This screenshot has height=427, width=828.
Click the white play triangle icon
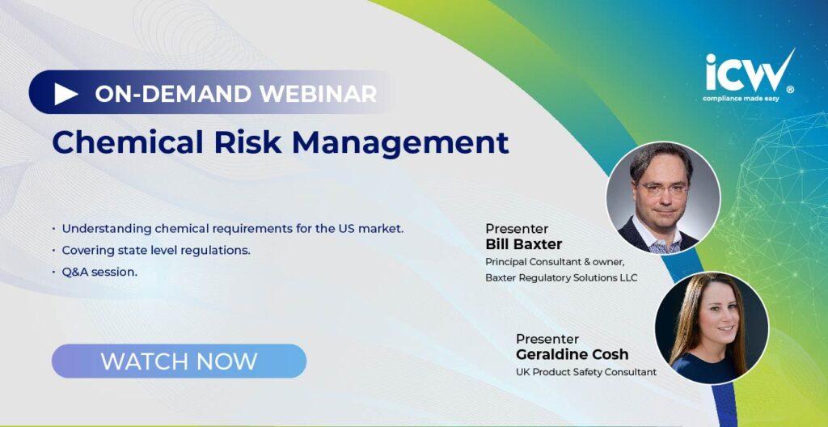[65, 94]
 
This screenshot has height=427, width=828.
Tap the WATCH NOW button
[179, 361]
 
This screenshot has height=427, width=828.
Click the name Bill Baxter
[523, 245]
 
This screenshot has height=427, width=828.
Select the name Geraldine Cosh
[572, 354]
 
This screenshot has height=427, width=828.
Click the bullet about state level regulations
[156, 250]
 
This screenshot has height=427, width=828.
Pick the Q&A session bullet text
[99, 273]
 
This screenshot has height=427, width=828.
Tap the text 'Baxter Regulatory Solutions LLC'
[561, 277]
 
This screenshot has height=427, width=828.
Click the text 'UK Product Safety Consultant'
[586, 372]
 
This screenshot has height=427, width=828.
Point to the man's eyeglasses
[663, 188]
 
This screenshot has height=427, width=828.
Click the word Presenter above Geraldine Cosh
[547, 339]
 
